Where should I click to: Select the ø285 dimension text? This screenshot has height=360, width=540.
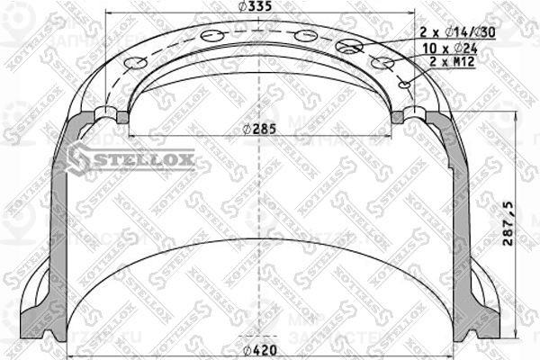point(259,127)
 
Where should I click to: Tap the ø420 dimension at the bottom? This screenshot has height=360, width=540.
point(259,351)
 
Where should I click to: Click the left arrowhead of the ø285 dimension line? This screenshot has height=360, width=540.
point(133,135)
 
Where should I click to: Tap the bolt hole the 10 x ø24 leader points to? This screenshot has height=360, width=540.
point(382,63)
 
